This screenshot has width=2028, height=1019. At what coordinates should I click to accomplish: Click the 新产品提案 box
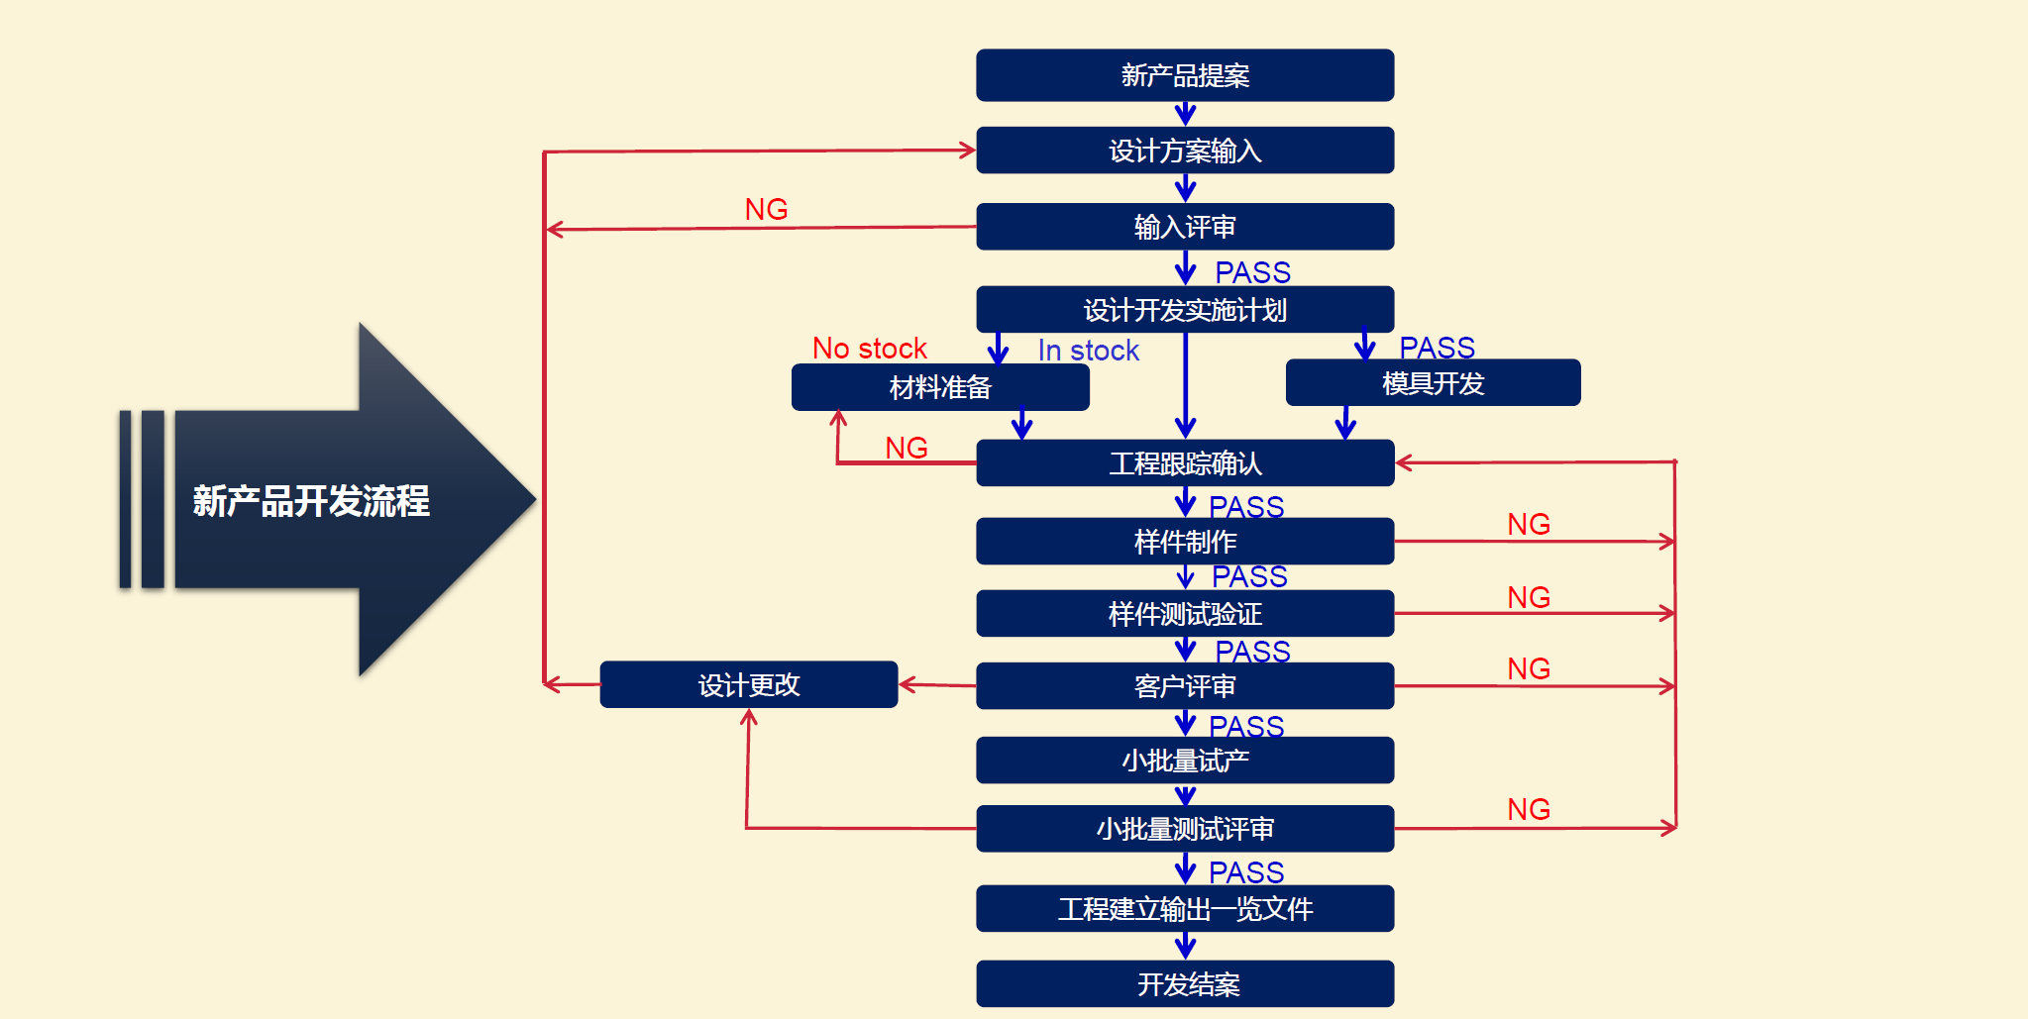coord(1185,75)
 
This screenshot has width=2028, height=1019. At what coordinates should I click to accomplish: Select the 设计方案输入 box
coord(1185,151)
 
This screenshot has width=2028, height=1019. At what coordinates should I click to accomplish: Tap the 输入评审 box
coord(1185,227)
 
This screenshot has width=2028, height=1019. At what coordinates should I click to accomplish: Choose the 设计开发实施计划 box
coord(1185,310)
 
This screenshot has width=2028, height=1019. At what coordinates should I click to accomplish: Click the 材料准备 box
coord(940,387)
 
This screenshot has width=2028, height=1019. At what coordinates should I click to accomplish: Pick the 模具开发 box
coord(1433,382)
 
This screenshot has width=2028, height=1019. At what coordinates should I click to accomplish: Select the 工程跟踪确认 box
coord(1185,462)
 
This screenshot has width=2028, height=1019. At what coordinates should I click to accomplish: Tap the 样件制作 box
coord(1185,541)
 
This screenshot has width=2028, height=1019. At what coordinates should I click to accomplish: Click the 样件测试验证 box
coord(1185,613)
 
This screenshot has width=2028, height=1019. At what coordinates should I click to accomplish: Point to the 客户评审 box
coord(1185,685)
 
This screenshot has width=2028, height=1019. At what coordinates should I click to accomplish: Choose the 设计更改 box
coord(749,684)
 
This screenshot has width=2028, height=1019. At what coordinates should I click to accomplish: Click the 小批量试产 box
coord(1185,760)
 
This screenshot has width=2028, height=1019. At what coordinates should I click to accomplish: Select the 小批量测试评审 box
coord(1185,828)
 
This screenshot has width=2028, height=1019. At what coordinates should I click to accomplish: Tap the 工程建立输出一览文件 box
coord(1185,908)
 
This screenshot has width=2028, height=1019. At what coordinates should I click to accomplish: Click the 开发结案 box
coord(1185,983)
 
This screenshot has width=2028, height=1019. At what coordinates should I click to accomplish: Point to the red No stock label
coord(869,349)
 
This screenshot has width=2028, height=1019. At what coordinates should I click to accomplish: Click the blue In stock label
coord(1088,351)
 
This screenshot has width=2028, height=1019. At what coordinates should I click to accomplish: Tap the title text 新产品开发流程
coord(311,501)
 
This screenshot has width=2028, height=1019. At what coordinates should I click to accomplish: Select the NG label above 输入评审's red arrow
coord(766,210)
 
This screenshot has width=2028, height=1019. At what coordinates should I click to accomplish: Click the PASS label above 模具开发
coord(1437,348)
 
